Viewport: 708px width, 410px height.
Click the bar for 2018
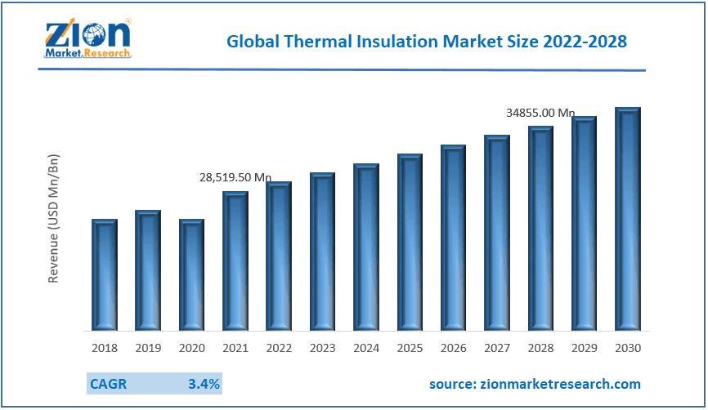coord(104,275)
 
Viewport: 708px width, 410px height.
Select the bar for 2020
coord(191,275)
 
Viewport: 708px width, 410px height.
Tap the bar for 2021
coord(235,261)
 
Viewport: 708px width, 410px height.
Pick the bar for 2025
coord(410,243)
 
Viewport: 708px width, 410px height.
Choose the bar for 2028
coord(540,229)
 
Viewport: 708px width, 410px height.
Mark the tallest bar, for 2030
coord(628,219)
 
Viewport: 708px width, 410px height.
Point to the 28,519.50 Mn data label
coord(235,177)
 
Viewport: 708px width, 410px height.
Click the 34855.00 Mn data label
coord(540,113)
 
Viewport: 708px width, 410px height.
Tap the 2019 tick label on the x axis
coord(148,348)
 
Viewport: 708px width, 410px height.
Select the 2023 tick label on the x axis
coord(322,348)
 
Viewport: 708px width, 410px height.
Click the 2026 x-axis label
coord(453,348)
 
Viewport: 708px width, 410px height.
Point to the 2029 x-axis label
coord(584,348)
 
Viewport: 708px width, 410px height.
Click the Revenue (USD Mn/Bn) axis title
coord(54,218)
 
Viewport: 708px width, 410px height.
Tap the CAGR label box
coord(109,383)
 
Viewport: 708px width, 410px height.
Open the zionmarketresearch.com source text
coord(535,384)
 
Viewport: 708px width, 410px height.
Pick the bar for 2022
coord(279,256)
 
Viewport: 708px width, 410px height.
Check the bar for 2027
coord(497,233)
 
